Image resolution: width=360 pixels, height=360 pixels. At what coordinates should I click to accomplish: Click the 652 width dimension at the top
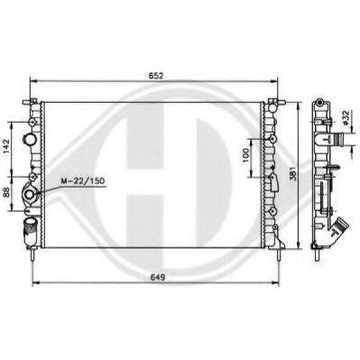pos(156,76)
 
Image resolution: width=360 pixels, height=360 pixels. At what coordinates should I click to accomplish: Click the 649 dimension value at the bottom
pos(157,277)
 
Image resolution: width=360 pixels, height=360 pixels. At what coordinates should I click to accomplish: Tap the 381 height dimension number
pos(293,173)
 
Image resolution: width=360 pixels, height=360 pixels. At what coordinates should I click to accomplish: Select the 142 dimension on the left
pos(7,146)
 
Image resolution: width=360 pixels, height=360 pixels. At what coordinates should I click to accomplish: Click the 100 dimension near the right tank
pos(245,155)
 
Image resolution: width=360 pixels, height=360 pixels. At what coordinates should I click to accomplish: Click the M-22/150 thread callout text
pos(82,180)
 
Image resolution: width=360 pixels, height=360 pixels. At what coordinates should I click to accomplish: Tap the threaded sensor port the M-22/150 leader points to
pos(30,195)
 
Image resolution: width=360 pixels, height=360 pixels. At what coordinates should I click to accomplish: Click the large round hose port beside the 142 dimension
pos(30,139)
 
